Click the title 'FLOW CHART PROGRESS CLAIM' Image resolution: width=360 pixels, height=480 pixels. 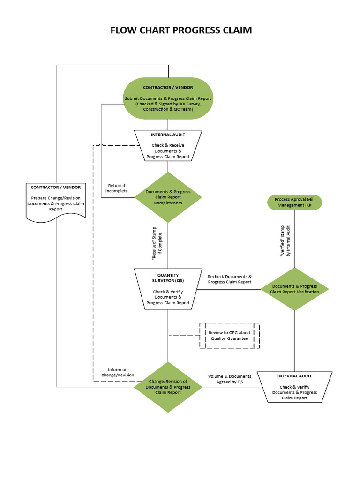[180, 30]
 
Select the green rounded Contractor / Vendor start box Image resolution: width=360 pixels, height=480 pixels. [168, 98]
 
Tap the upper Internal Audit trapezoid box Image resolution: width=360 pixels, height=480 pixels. [168, 145]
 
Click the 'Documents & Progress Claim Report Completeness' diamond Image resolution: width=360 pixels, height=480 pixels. [168, 197]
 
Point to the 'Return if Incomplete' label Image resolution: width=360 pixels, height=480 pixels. [116, 188]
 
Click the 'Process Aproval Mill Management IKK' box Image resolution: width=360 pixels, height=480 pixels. [294, 202]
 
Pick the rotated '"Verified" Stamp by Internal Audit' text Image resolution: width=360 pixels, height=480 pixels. [285, 240]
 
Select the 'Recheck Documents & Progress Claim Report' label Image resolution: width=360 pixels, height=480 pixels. [230, 279]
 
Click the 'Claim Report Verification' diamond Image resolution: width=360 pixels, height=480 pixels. [294, 289]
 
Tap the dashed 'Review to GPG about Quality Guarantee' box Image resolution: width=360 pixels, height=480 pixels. [230, 335]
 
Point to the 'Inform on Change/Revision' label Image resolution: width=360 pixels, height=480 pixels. [118, 372]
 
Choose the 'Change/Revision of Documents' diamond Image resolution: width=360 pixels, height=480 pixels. [168, 387]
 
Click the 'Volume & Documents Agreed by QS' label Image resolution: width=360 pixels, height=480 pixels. [230, 379]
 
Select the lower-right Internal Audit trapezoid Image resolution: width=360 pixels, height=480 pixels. [294, 387]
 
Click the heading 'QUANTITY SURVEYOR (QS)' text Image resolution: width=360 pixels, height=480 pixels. [168, 278]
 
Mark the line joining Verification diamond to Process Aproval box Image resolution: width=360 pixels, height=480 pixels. [294, 239]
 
